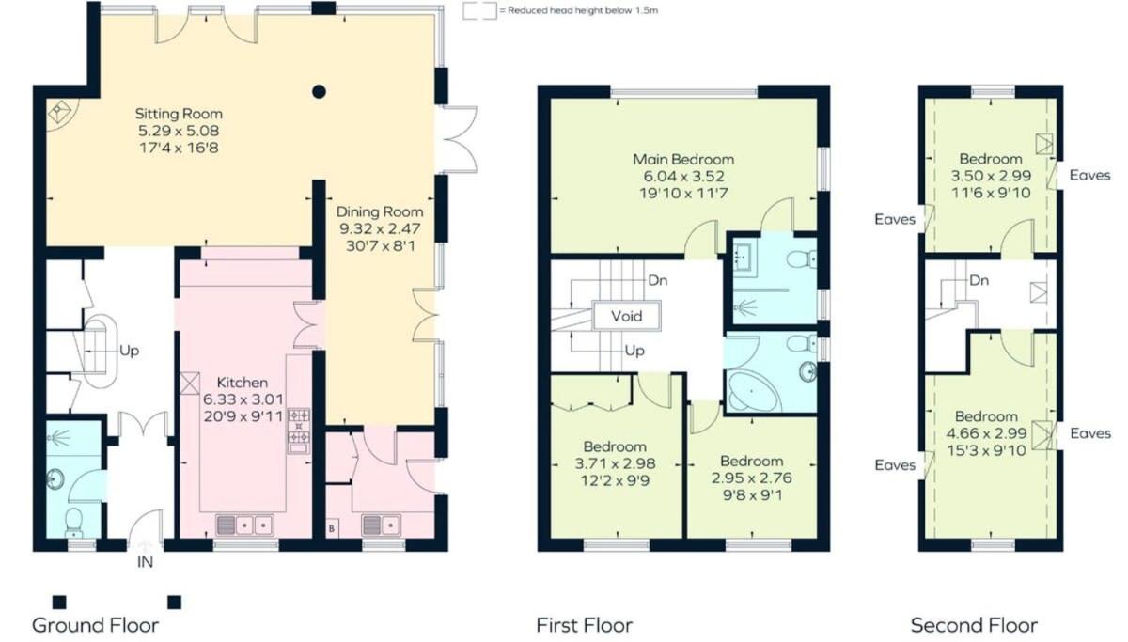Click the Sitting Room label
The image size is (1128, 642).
(x=179, y=114)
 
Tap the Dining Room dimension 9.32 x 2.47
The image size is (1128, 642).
(x=380, y=229)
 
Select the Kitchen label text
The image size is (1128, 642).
(x=243, y=383)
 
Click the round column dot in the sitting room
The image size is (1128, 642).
(x=319, y=91)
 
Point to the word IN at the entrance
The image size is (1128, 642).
(x=145, y=562)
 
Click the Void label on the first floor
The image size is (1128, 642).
(x=626, y=316)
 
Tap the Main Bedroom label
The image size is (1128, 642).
(x=683, y=160)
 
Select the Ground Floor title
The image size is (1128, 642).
(x=95, y=625)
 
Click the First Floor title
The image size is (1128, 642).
(x=584, y=625)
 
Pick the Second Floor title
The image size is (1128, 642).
(x=974, y=625)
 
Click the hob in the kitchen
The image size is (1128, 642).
(x=299, y=426)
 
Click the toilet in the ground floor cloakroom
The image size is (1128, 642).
(x=74, y=523)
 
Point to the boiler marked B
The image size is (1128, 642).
(x=331, y=528)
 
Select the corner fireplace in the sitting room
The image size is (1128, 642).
(x=61, y=114)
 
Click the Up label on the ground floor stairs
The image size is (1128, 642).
(x=130, y=351)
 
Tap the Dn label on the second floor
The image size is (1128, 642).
(x=979, y=280)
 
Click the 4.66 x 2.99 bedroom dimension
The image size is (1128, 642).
(x=986, y=433)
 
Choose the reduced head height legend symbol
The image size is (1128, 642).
(x=480, y=11)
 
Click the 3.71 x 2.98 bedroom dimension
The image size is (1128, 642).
(x=615, y=463)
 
